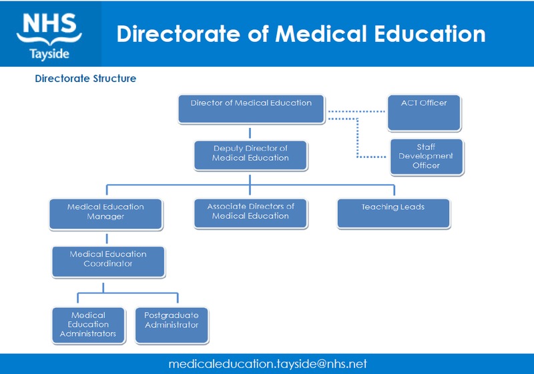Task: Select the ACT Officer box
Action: tap(424, 113)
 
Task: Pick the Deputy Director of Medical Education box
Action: tap(250, 154)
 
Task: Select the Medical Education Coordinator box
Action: tap(108, 261)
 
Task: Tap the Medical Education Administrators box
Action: tap(88, 324)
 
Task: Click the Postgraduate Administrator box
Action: tap(172, 324)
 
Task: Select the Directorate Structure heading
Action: tap(85, 79)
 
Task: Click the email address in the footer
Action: tap(268, 364)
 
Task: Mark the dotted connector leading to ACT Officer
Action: tap(357, 111)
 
